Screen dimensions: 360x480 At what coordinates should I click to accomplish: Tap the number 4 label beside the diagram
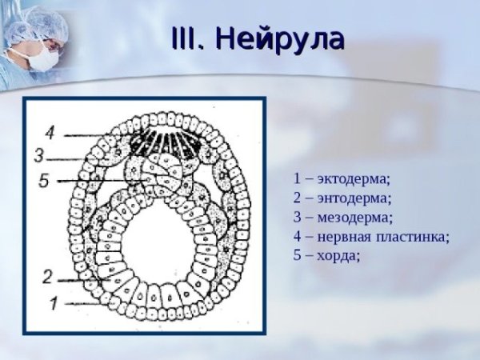click(50, 131)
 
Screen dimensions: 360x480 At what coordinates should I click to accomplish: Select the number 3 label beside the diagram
click(39, 155)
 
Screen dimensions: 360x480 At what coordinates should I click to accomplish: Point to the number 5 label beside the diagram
click(45, 182)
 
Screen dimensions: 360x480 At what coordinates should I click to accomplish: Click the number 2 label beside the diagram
click(48, 277)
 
